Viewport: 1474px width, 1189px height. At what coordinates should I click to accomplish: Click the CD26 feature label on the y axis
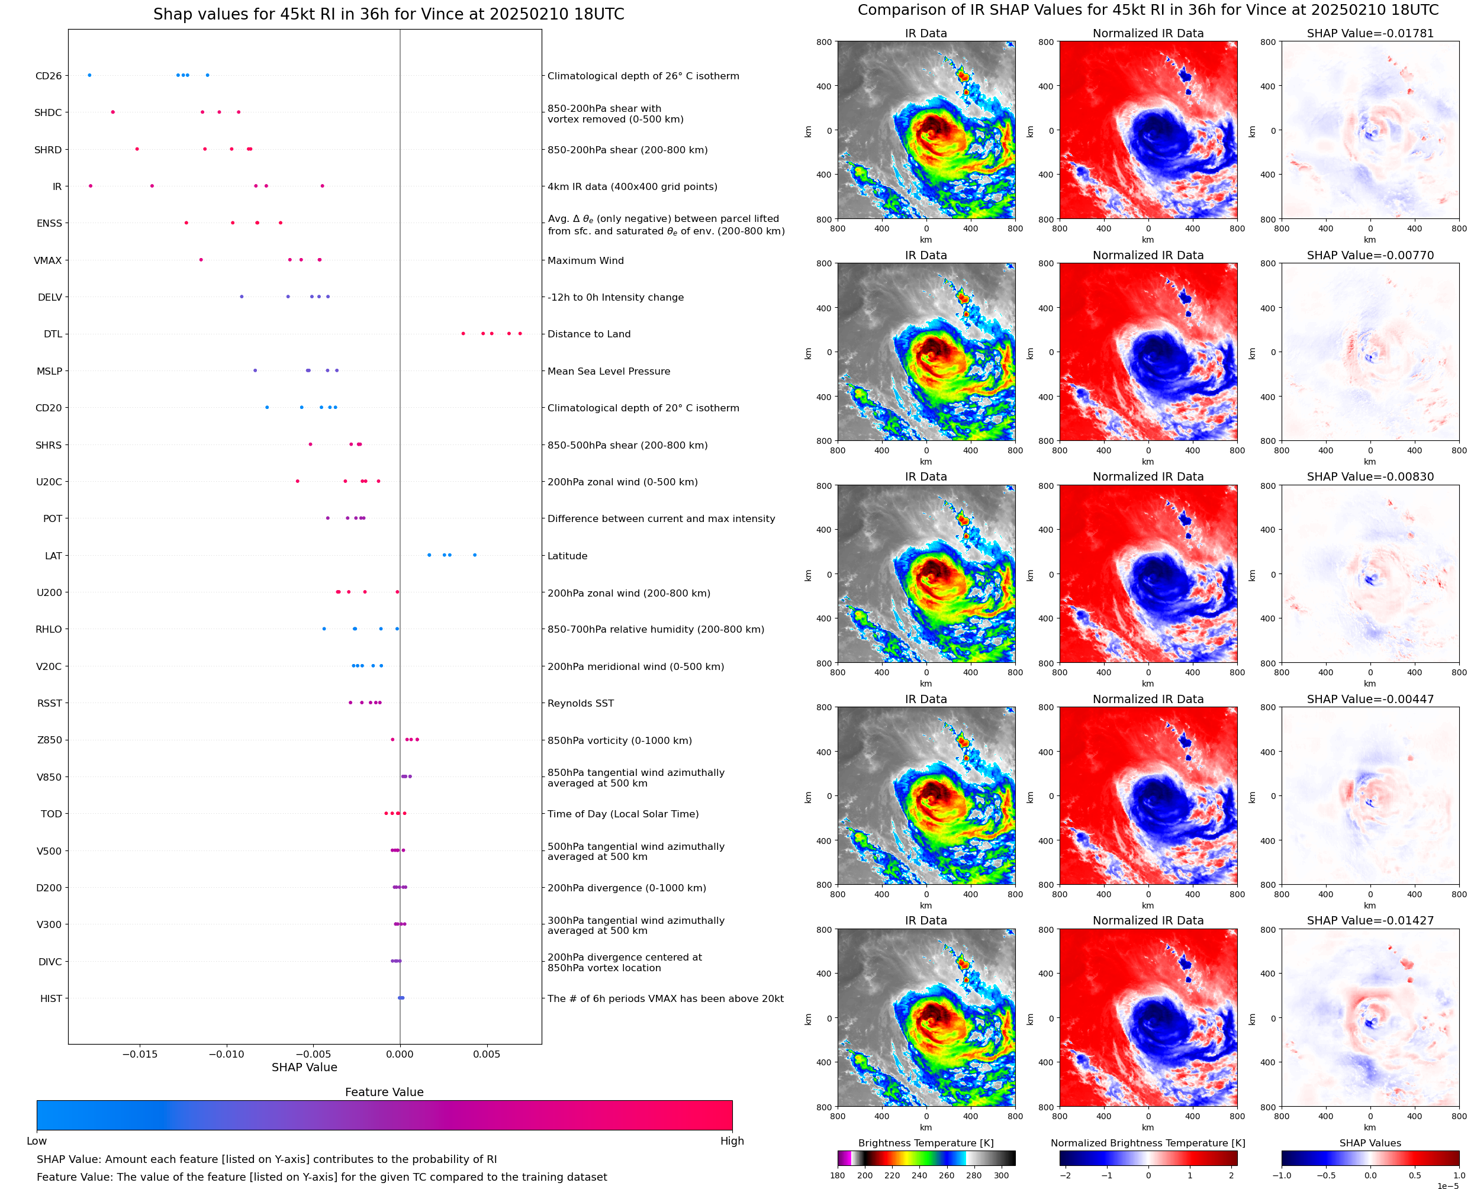pos(48,76)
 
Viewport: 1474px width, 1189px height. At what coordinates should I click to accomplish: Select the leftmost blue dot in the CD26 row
pos(90,75)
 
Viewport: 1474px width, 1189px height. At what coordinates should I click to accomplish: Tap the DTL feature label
pos(53,334)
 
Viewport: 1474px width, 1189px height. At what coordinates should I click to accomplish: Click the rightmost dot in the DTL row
pos(520,334)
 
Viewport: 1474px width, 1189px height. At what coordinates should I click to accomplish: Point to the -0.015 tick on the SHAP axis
pos(140,1054)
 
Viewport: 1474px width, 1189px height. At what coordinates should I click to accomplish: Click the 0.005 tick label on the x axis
pos(487,1054)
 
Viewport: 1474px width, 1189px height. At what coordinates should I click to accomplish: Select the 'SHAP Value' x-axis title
pos(304,1067)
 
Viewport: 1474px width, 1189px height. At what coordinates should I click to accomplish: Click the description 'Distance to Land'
pos(588,334)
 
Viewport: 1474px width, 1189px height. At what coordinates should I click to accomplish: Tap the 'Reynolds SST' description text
pos(580,704)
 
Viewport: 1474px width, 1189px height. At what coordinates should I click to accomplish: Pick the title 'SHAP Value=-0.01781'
pos(1370,33)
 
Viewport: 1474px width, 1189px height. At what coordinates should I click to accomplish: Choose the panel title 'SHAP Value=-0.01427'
pos(1370,920)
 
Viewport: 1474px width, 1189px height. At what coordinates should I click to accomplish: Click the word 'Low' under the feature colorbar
pos(36,1141)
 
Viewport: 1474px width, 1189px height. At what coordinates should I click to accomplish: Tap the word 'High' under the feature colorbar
pos(732,1141)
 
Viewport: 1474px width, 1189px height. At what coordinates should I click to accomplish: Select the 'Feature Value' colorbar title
pos(384,1093)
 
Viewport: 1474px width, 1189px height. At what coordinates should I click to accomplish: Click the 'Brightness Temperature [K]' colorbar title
pos(925,1143)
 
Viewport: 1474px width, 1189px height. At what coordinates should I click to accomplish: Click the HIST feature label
pos(51,998)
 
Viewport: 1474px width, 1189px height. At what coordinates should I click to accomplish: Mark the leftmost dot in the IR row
pos(91,186)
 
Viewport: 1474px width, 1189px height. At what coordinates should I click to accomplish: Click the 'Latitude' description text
pos(567,556)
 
